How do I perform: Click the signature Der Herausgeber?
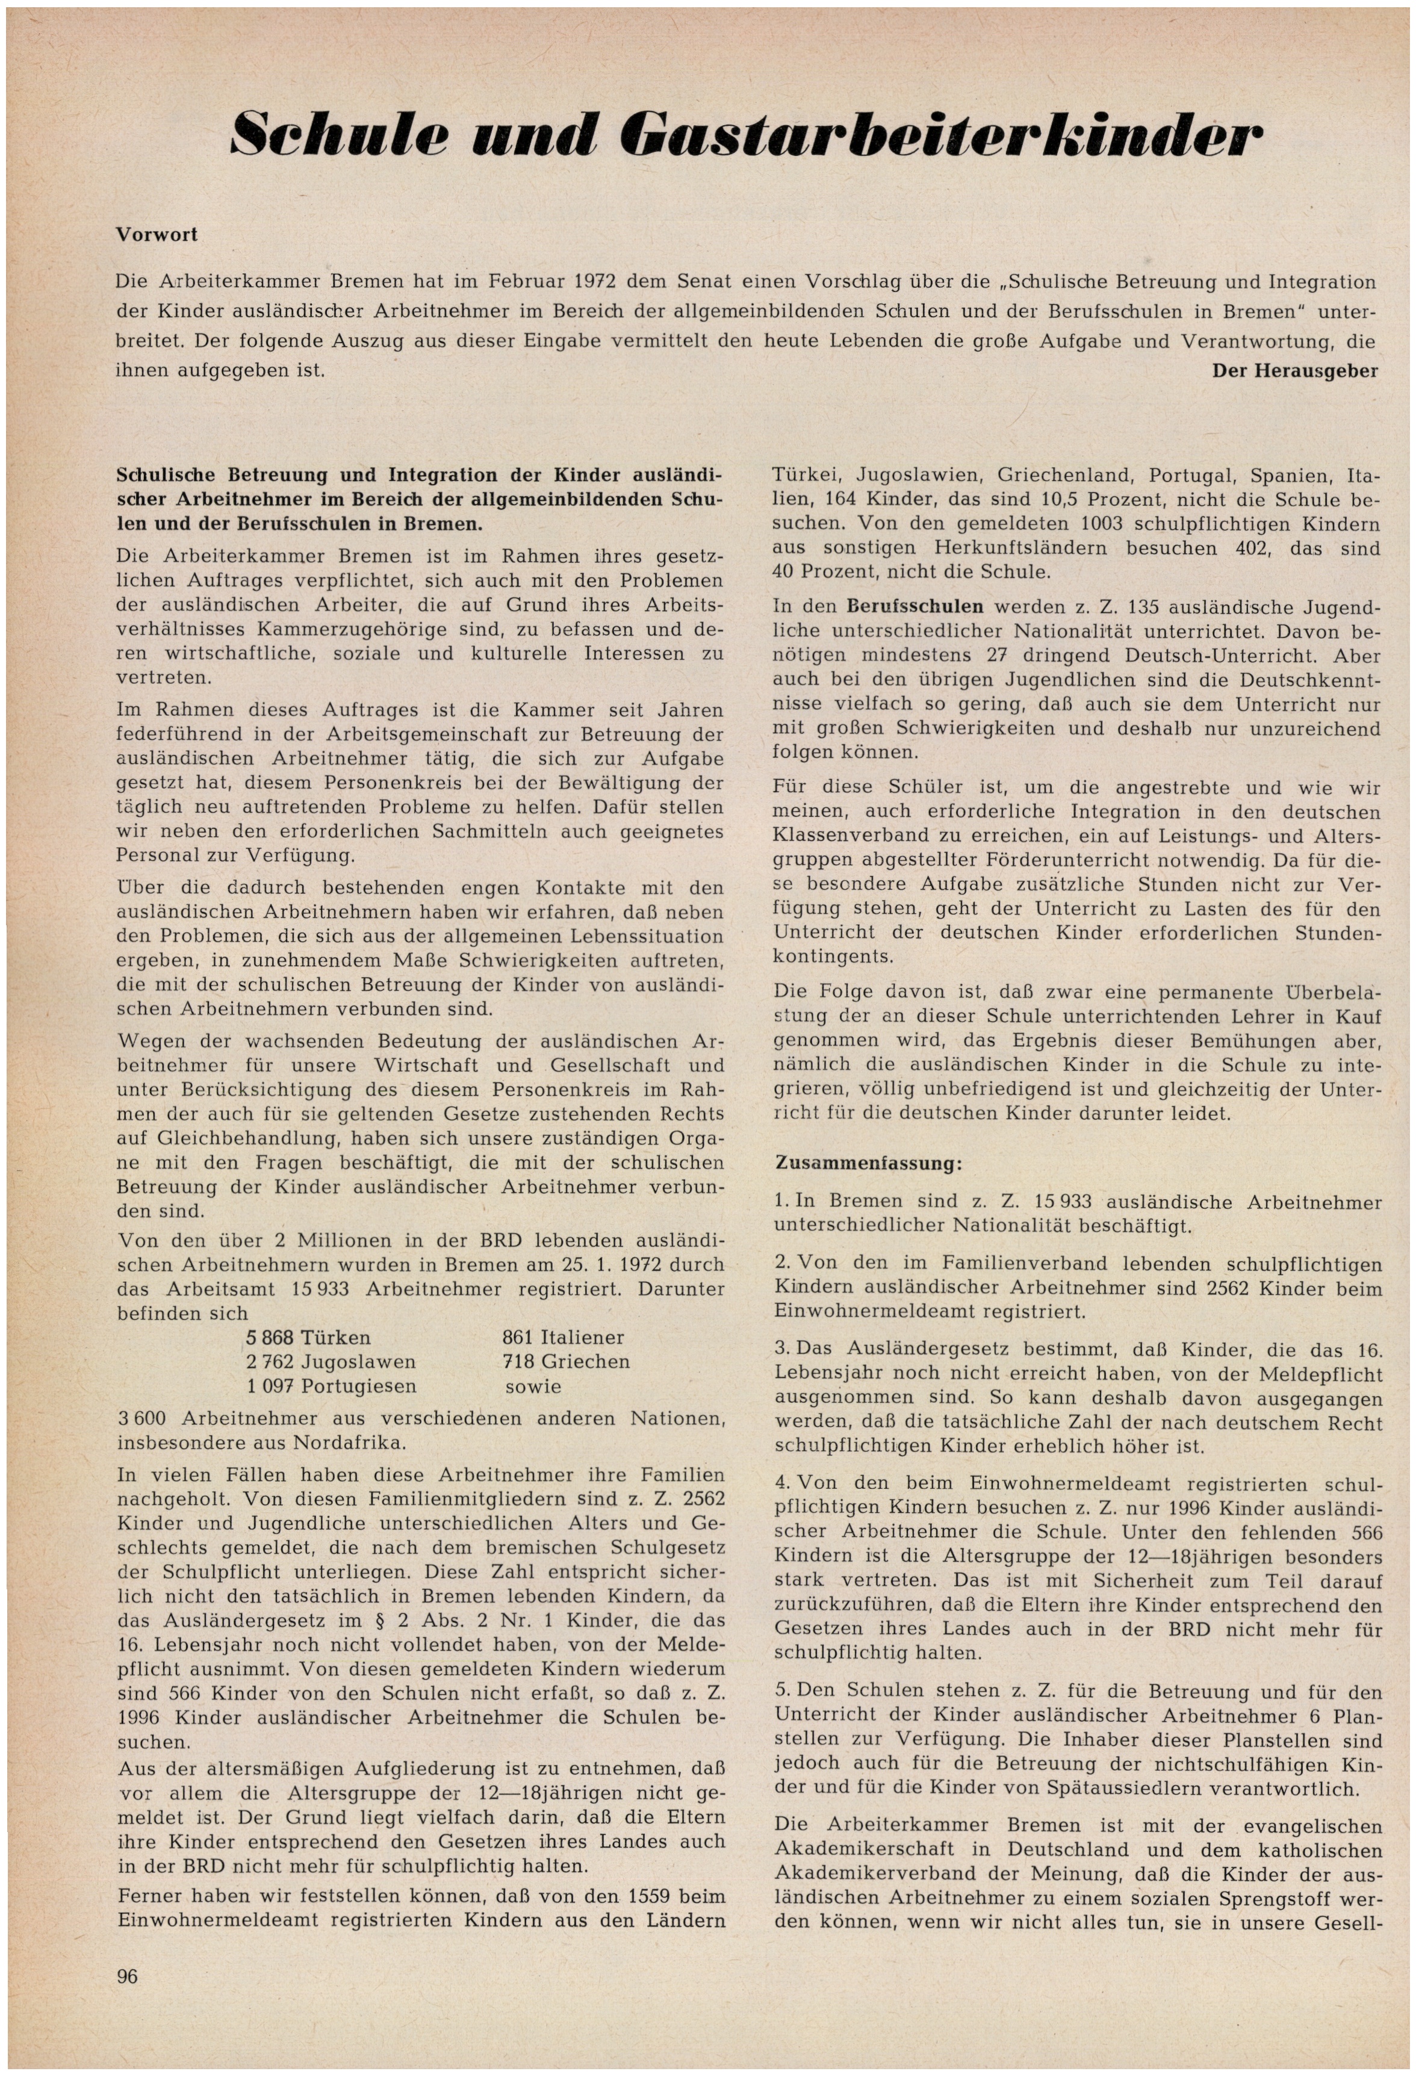pyautogui.click(x=1294, y=370)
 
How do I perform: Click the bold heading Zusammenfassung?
pyautogui.click(x=867, y=1164)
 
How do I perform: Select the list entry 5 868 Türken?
pyautogui.click(x=308, y=1338)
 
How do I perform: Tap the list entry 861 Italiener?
pyautogui.click(x=563, y=1338)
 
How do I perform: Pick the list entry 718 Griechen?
pyautogui.click(x=566, y=1362)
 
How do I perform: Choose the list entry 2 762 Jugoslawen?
pyautogui.click(x=331, y=1362)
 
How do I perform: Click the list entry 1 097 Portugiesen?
pyautogui.click(x=331, y=1386)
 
